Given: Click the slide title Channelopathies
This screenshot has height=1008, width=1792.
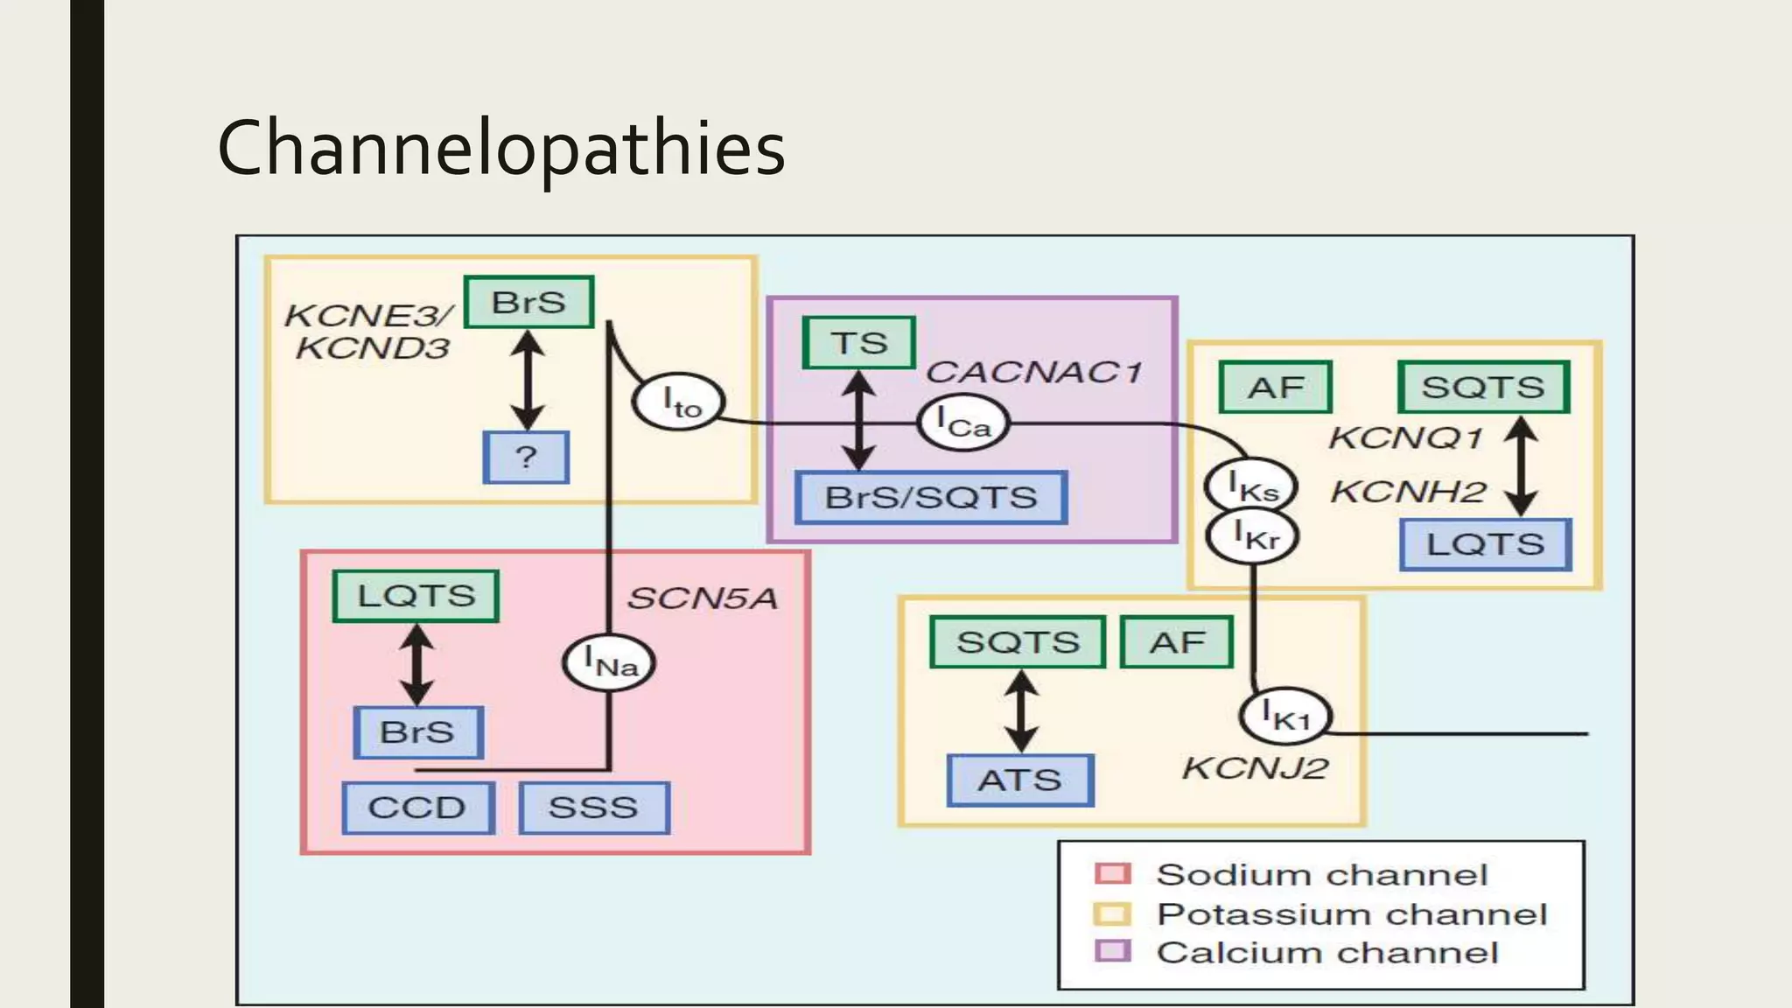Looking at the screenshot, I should [x=500, y=149].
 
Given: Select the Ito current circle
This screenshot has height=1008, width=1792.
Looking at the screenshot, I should [x=679, y=402].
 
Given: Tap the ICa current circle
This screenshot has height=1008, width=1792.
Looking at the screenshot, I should [x=962, y=423].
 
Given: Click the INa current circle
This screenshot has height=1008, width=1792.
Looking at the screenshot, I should [x=609, y=662].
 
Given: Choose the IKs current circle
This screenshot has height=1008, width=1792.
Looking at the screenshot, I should [x=1251, y=486].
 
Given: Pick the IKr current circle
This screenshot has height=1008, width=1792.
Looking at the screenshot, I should [x=1253, y=535].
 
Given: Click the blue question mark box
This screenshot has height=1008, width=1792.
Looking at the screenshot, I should [x=526, y=457].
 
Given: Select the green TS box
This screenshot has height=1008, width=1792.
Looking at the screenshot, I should [x=858, y=343].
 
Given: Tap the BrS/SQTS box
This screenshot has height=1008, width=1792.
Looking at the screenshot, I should [x=931, y=498].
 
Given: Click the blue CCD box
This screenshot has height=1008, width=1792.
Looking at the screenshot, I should [x=417, y=807].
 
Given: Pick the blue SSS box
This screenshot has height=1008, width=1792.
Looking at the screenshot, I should [x=593, y=807].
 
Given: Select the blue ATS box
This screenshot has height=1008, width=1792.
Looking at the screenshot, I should [x=1019, y=780].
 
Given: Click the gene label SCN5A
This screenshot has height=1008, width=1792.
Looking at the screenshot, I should [x=702, y=598].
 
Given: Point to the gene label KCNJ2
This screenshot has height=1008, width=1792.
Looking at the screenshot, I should [x=1255, y=768].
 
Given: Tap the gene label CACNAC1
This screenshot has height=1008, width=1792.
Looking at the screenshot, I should [x=1033, y=372].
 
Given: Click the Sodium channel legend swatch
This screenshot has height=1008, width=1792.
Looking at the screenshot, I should [x=1113, y=873].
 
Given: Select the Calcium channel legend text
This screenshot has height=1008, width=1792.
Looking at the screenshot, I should [x=1327, y=952].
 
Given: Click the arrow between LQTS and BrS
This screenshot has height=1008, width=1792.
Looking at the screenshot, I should [x=416, y=664].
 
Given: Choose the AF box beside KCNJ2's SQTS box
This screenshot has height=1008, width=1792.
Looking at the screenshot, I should [x=1177, y=642].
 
